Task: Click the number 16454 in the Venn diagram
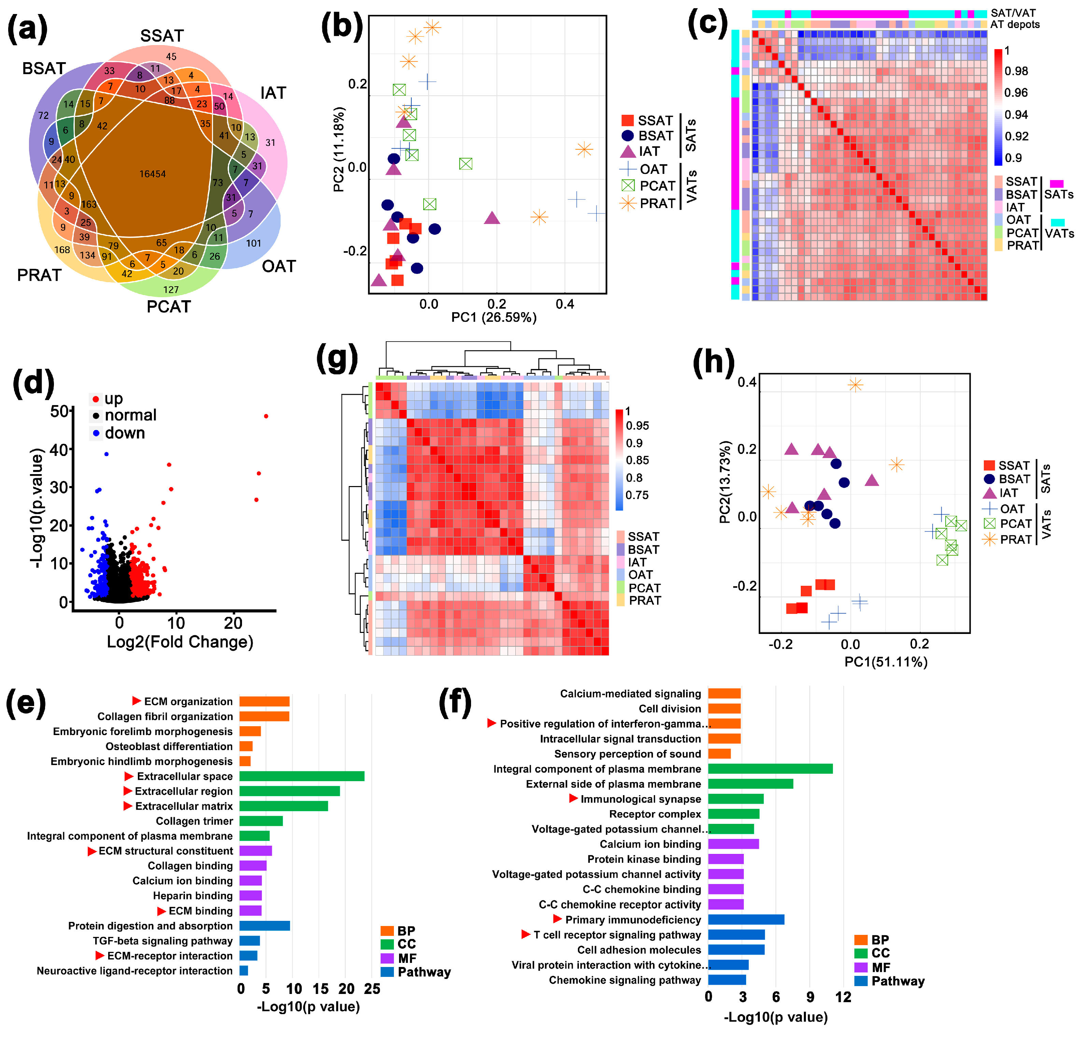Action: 153,174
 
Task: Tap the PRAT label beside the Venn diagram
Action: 39,275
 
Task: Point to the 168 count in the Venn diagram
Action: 62,250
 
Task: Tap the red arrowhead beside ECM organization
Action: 137,701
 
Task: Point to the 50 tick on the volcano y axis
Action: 59,411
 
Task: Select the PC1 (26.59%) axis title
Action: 494,318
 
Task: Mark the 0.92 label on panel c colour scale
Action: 1016,137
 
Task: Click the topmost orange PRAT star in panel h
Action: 855,385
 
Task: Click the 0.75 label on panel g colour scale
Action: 637,495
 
